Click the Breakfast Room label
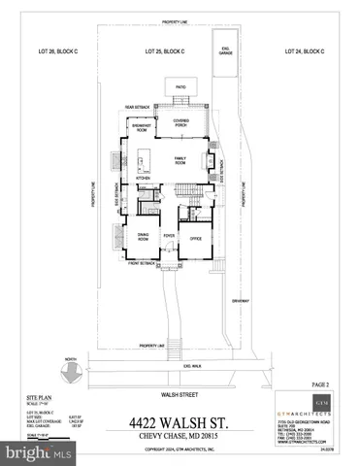click(x=142, y=127)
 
